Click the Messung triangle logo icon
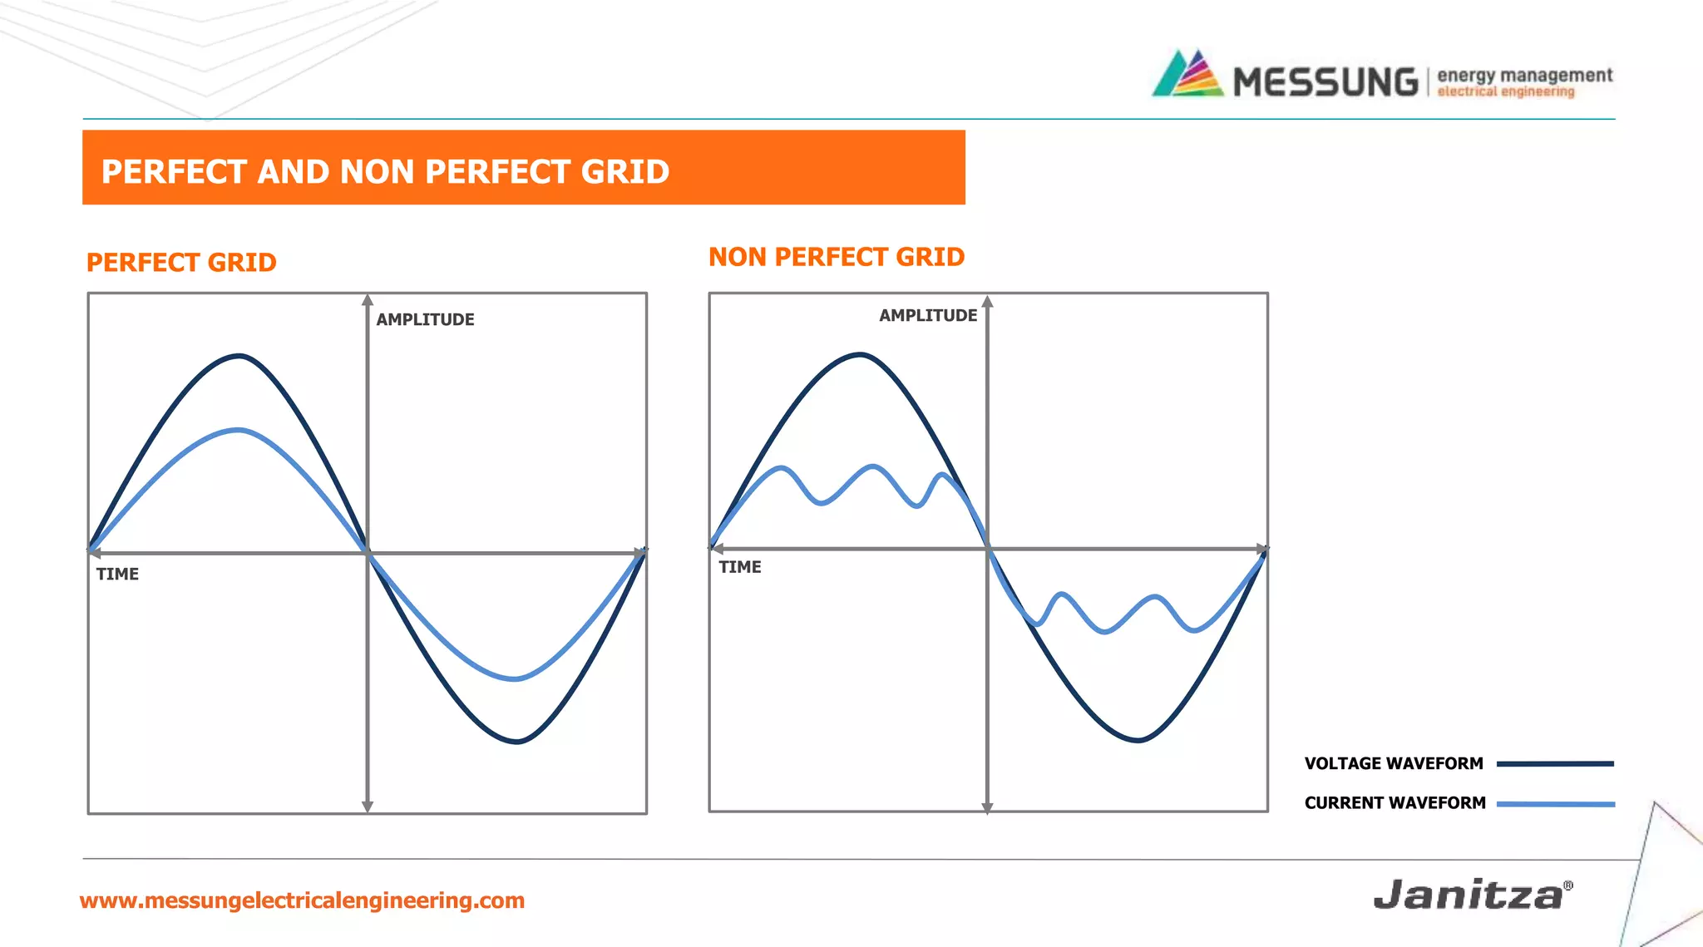pos(1187,75)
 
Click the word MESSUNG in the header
pos(1325,82)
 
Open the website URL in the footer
pos(302,900)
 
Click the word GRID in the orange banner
pos(624,171)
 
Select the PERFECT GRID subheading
pos(181,263)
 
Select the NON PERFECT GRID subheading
pos(836,257)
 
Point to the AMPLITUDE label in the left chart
pos(425,319)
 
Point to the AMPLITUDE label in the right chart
pos(928,315)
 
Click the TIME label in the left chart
pos(117,574)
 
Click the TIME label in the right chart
pos(740,567)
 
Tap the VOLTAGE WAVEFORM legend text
pos(1394,763)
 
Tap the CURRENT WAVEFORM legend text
pos(1394,802)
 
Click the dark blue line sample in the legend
pos(1554,763)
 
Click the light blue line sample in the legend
pos(1555,804)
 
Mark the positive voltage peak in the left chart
pos(239,356)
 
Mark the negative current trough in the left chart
pos(516,678)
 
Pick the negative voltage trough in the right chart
pos(1138,739)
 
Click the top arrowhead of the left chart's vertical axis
pos(368,300)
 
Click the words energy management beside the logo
pos(1524,76)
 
